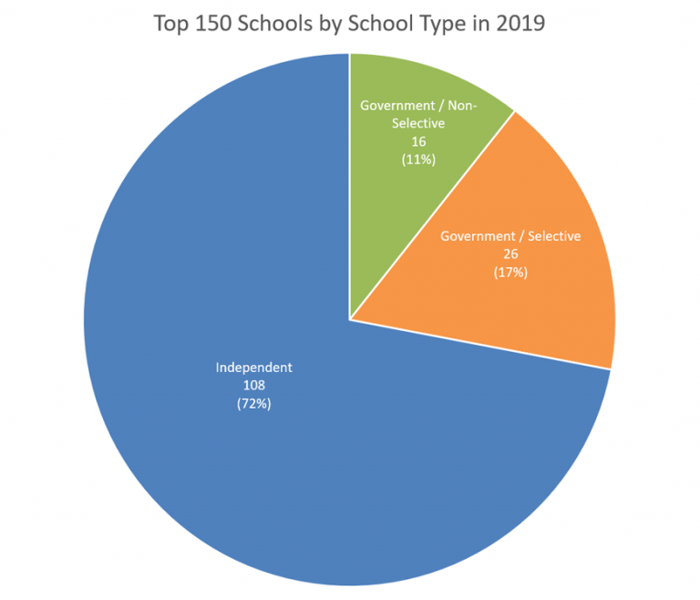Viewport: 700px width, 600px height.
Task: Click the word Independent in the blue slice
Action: pos(253,367)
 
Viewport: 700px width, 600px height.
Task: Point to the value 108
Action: pos(253,386)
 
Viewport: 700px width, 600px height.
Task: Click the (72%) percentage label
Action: pos(253,404)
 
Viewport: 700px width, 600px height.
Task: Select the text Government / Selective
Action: pos(510,236)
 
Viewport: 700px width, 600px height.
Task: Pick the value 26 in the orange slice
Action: pos(510,253)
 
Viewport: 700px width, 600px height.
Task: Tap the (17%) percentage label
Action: pos(510,272)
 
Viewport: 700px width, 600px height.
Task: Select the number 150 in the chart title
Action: pos(208,24)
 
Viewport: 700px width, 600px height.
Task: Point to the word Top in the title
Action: pos(170,24)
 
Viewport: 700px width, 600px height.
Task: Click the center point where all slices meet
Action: pos(350,320)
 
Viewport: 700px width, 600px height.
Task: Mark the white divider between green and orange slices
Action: pos(433,215)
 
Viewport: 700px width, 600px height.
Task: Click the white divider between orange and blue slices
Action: pos(480,345)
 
